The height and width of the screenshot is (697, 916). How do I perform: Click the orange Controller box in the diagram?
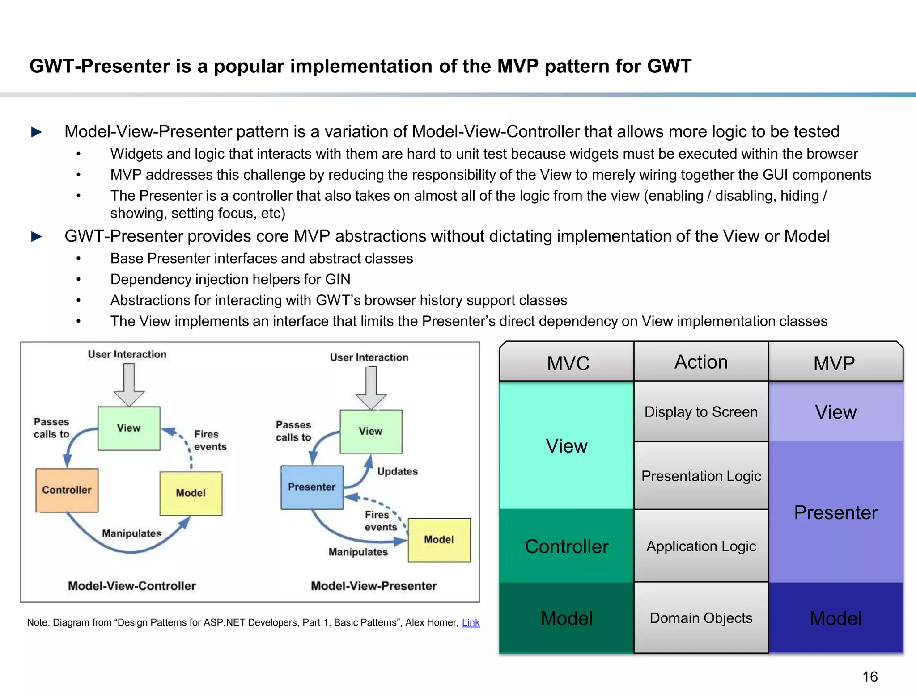67,490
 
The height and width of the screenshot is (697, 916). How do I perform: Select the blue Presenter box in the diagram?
312,487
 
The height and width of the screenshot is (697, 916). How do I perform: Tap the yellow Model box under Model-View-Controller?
191,493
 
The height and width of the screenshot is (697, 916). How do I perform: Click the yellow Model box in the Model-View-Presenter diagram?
439,540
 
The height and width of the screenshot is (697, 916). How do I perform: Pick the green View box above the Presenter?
371,432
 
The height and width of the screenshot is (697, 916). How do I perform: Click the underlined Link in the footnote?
471,622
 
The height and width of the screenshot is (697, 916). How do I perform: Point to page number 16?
869,676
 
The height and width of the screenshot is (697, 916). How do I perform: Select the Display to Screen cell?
701,411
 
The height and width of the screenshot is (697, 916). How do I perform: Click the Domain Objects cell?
701,618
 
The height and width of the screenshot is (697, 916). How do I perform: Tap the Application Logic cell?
701,546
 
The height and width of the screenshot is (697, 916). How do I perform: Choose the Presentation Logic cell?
701,476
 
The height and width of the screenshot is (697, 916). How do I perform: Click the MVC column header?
568,363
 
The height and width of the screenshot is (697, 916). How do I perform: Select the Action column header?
701,362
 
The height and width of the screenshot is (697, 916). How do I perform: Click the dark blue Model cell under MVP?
835,618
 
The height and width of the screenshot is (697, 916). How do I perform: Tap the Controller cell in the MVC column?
567,546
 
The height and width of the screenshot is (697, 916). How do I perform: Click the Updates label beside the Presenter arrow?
397,471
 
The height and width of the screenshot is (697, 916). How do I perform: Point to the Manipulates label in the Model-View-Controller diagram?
131,533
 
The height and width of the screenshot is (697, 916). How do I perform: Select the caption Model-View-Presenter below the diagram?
373,586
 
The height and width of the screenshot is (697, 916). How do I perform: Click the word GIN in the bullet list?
338,279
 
